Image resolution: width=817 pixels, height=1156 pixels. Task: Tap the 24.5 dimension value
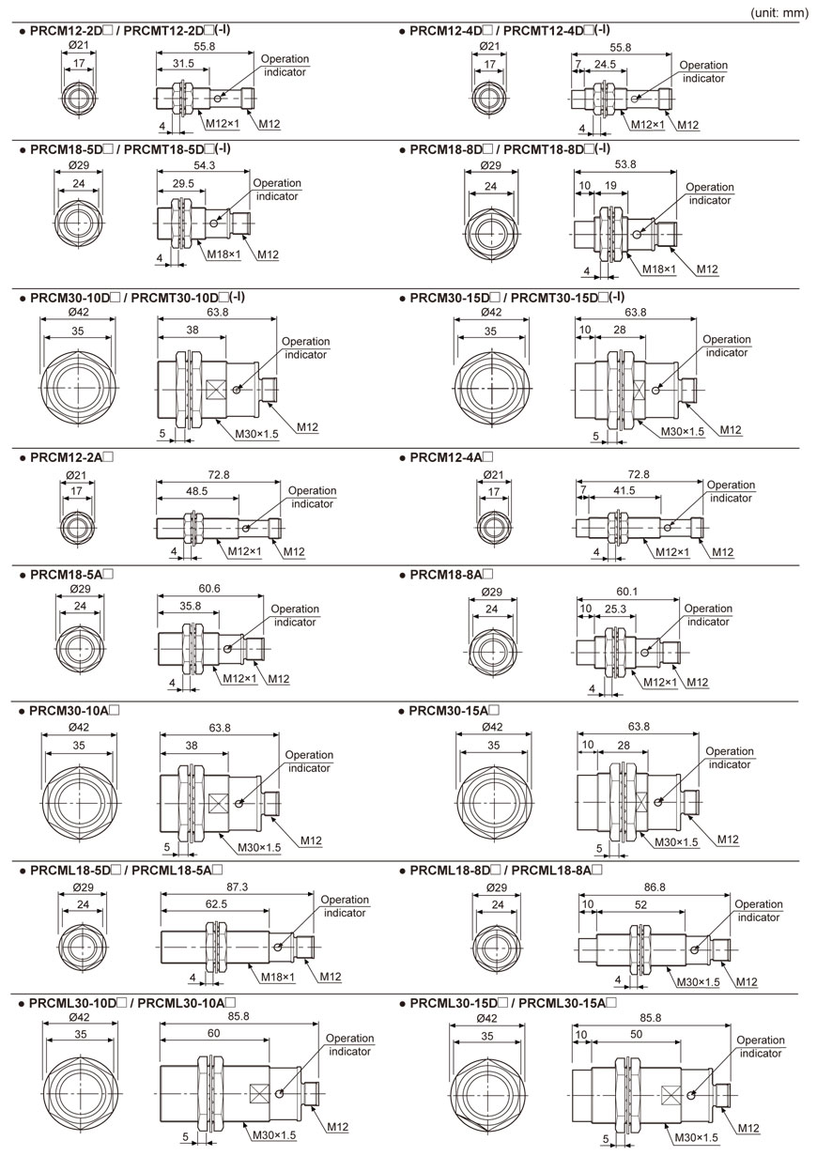point(604,65)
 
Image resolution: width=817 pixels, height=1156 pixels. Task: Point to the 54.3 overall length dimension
point(204,166)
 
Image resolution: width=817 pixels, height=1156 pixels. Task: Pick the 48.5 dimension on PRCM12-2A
point(196,491)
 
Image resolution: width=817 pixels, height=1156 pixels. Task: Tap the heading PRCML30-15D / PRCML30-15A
point(513,1003)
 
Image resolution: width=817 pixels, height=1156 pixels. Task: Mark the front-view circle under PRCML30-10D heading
point(79,1094)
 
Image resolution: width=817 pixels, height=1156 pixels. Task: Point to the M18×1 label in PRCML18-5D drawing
point(278,977)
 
